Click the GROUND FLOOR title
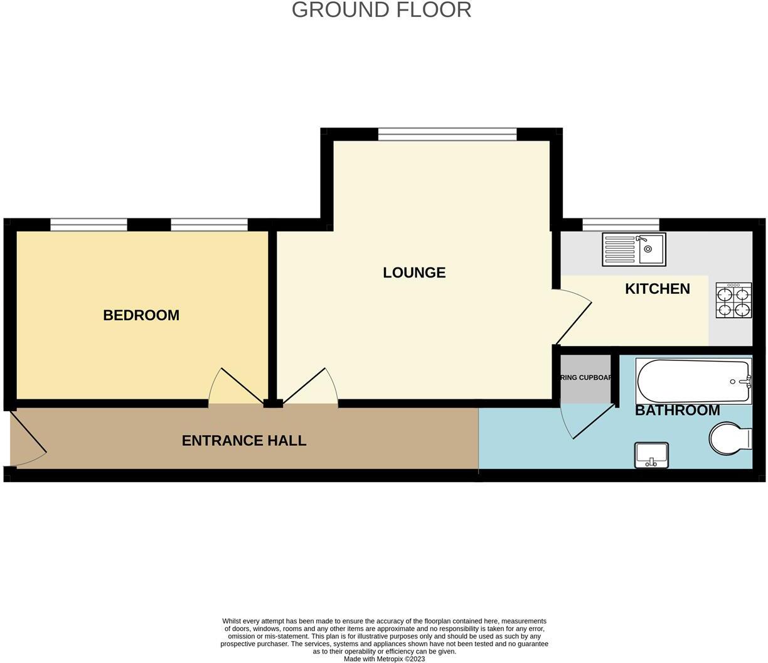pos(381,10)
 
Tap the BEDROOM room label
pos(141,315)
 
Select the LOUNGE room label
pos(414,272)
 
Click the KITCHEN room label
pos(657,289)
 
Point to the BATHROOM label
pos(677,411)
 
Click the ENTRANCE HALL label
pos(244,441)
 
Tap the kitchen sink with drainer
pos(634,249)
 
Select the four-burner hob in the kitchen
pos(733,301)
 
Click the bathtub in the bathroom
pos(693,381)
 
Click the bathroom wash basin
pos(652,455)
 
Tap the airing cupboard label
pos(586,378)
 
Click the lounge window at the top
pos(447,134)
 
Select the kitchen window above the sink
pos(621,225)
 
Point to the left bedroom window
pos(88,225)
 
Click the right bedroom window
pos(209,225)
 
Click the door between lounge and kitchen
pos(572,317)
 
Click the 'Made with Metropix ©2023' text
pos(384,659)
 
